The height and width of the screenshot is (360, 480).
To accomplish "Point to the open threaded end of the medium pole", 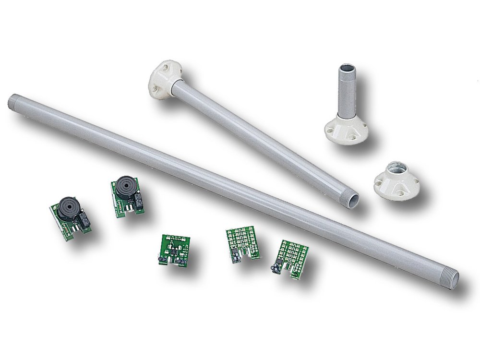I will pyautogui.click(x=352, y=199).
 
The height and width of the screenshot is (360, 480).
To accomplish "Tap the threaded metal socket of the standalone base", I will pyautogui.click(x=396, y=168).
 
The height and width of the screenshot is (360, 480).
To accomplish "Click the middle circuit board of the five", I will pyautogui.click(x=174, y=249).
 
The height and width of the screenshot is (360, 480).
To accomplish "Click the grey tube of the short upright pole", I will pyautogui.click(x=346, y=94).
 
